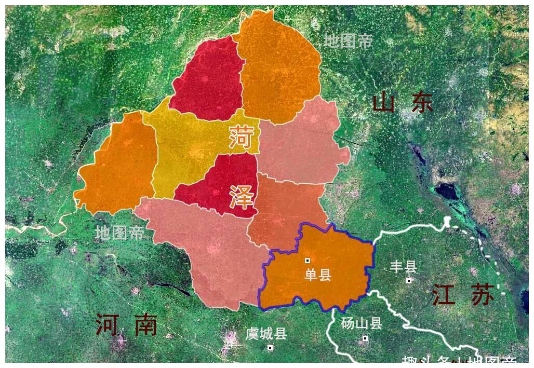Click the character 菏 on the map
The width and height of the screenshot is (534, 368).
[242, 137]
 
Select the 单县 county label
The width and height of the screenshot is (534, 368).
[317, 275]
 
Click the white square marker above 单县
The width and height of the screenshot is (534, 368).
[308, 261]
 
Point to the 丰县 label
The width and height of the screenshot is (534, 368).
[403, 267]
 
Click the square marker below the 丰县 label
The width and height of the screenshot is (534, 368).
[409, 280]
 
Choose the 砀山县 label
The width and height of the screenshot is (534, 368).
[362, 324]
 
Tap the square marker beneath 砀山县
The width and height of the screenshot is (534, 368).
[365, 338]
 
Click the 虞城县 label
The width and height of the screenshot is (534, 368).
[266, 334]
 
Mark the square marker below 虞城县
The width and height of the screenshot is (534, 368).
[270, 348]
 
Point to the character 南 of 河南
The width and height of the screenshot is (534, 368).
[145, 325]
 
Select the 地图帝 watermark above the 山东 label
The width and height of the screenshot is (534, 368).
[348, 40]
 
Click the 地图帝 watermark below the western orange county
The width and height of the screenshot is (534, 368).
[119, 233]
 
